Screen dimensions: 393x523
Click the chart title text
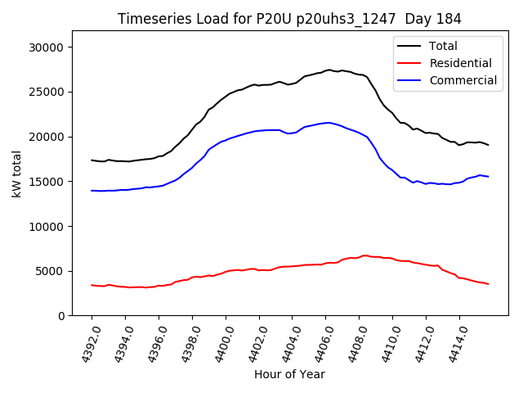pyautogui.click(x=289, y=19)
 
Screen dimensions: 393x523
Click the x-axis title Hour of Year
pyautogui.click(x=289, y=374)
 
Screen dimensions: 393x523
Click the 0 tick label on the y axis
pyautogui.click(x=61, y=316)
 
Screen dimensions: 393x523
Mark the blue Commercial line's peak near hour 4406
pyautogui.click(x=329, y=123)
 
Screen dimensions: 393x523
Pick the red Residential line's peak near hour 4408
pyautogui.click(x=364, y=255)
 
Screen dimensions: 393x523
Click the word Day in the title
pyautogui.click(x=424, y=19)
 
